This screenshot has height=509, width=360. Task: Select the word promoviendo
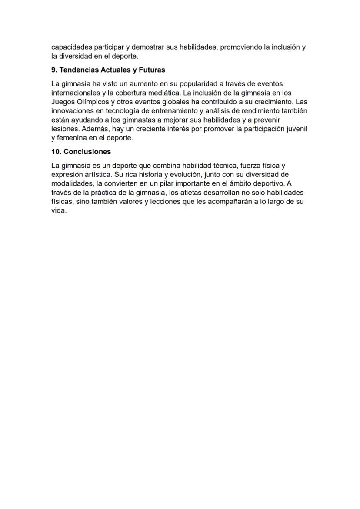(241, 47)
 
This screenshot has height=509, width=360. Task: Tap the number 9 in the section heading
(53, 70)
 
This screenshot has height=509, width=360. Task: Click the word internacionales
(76, 93)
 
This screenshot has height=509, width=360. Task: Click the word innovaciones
(72, 111)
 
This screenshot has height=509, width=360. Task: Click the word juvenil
(296, 129)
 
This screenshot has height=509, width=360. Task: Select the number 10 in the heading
(55, 152)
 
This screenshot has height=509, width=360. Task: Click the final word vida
(59, 211)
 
